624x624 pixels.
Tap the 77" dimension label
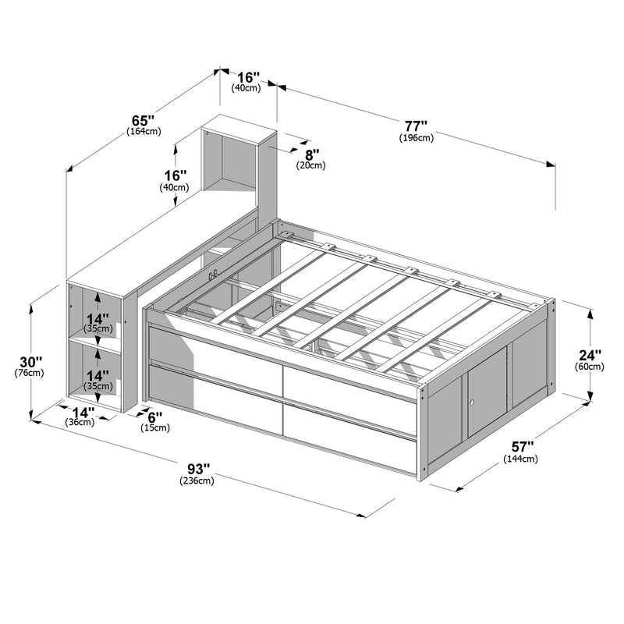point(416,126)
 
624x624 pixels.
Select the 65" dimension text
point(143,120)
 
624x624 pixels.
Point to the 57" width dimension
point(522,446)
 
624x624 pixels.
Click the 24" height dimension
point(590,355)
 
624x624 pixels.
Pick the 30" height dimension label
point(30,362)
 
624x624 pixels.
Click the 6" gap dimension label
point(154,417)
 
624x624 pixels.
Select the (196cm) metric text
point(417,138)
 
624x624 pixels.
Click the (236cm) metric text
point(197,480)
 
